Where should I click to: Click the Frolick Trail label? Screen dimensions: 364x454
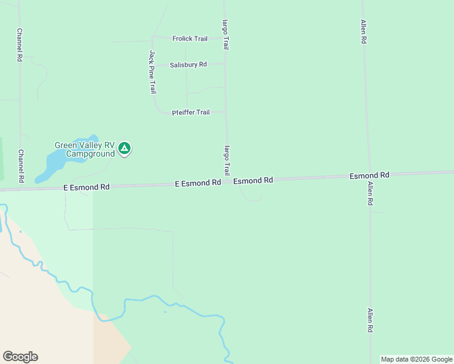coord(190,39)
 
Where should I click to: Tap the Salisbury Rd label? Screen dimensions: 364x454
coord(188,65)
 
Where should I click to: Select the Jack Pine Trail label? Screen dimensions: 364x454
coord(152,72)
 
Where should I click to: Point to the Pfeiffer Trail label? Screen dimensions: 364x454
coord(191,112)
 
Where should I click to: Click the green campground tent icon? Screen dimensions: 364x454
coord(124,148)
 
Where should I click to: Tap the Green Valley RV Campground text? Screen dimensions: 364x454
coord(84,149)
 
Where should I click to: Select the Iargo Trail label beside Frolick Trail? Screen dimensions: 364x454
coord(226,34)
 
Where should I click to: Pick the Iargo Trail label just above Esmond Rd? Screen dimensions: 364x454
coord(227,160)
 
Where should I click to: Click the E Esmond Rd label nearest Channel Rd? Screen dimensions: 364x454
coord(87,188)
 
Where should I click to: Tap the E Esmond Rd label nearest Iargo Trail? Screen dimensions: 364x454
coord(197,183)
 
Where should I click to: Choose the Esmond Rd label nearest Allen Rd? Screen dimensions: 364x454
coord(369,175)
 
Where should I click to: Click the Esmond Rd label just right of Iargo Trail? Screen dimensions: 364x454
coord(253,181)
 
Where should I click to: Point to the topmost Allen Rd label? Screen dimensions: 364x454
coord(363,32)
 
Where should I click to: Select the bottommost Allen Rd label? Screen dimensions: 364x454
coord(370,320)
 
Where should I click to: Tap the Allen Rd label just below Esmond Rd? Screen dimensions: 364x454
coord(368,193)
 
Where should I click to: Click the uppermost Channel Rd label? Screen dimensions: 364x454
coord(20,45)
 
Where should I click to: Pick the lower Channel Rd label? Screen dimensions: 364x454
coord(21,166)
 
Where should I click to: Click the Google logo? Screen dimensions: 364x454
coord(20,357)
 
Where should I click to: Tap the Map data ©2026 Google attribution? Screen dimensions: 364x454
coord(416,359)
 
